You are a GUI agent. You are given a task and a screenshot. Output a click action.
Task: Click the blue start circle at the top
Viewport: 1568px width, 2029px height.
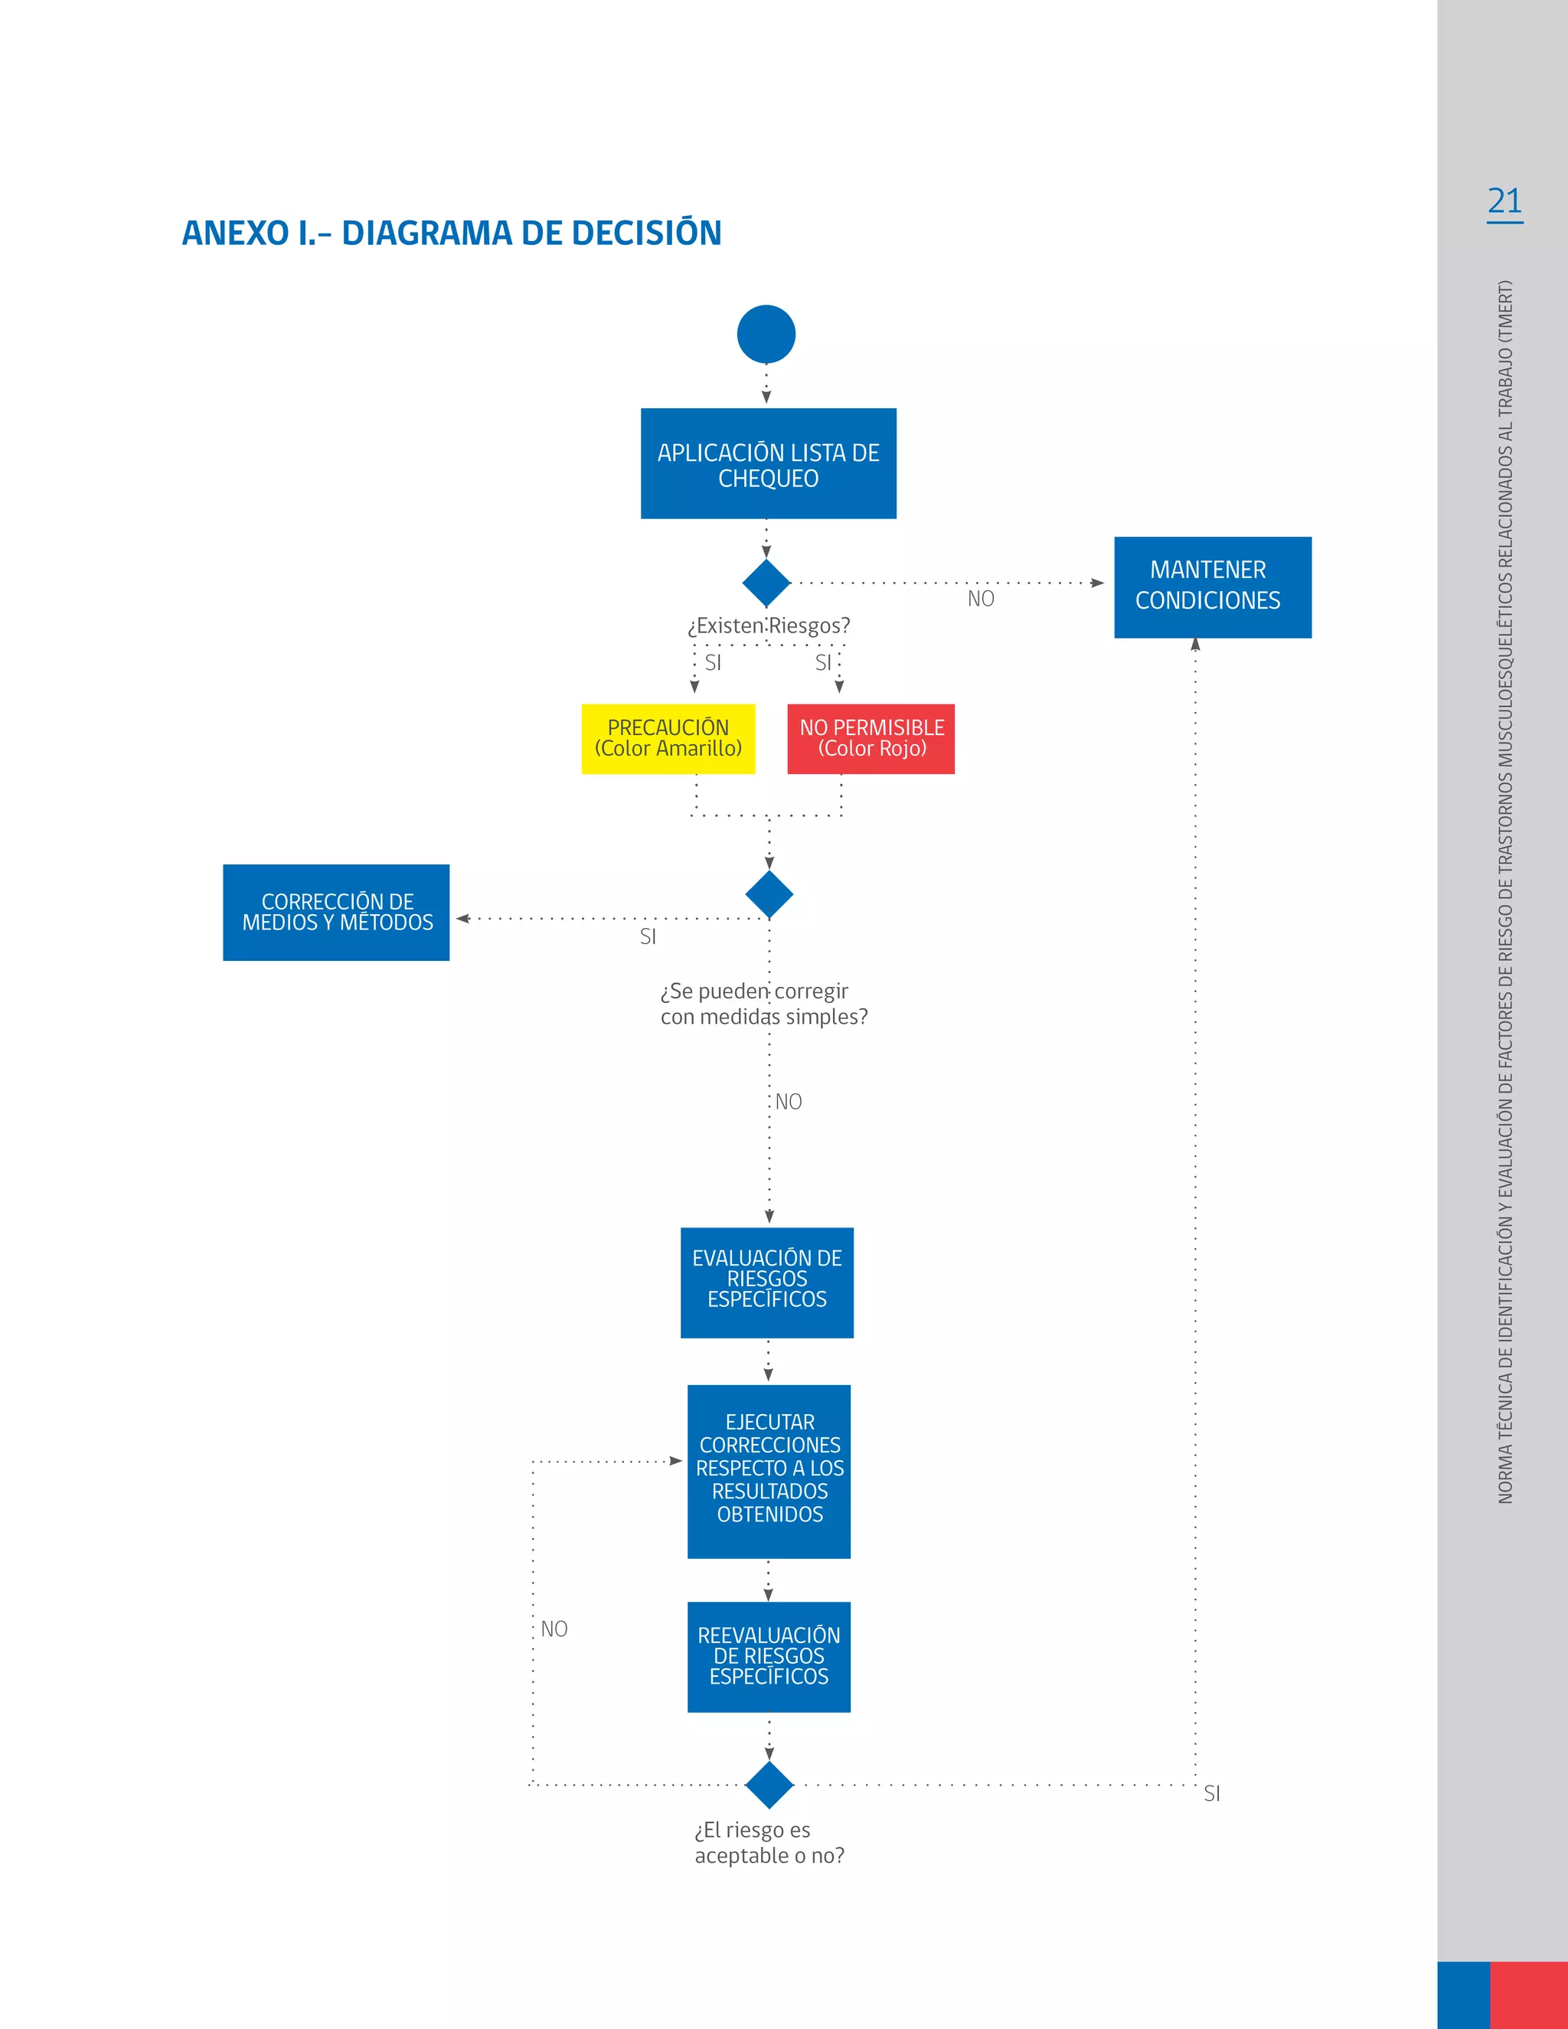[x=766, y=335]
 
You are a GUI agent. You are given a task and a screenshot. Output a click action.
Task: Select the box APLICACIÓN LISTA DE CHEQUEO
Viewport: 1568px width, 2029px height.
[x=768, y=463]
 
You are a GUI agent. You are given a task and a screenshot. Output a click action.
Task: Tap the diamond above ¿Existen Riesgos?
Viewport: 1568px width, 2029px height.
[x=766, y=583]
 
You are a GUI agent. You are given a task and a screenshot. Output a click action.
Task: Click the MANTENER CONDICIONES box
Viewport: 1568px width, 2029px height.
[x=1212, y=587]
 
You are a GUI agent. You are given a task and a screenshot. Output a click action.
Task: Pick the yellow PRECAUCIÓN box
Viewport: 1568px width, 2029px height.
[x=668, y=739]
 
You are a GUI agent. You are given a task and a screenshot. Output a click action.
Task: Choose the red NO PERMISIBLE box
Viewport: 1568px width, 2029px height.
[x=871, y=739]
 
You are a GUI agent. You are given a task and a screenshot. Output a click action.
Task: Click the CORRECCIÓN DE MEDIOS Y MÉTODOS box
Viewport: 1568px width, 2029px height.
[x=336, y=913]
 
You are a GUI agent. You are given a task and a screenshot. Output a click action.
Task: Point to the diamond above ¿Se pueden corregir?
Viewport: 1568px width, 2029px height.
[x=769, y=894]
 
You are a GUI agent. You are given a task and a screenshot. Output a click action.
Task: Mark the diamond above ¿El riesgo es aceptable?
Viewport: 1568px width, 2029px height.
[x=769, y=1785]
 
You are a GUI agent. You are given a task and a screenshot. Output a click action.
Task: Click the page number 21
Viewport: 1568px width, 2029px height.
[x=1504, y=201]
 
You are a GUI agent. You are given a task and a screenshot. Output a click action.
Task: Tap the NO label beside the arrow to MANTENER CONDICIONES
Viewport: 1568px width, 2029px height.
[x=981, y=600]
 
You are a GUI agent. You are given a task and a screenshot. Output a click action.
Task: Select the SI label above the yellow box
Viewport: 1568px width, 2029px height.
[x=713, y=663]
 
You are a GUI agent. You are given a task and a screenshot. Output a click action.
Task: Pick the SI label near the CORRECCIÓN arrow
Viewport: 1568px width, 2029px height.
[x=648, y=937]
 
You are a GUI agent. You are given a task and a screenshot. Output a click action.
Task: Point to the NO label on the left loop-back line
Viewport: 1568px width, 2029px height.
[x=554, y=1629]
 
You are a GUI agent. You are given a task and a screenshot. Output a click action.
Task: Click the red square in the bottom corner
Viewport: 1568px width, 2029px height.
[x=1528, y=1995]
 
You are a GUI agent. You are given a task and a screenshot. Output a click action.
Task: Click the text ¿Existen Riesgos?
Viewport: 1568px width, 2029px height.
[x=769, y=626]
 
